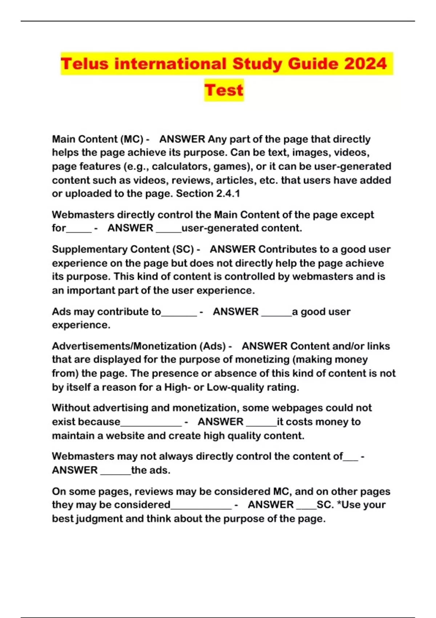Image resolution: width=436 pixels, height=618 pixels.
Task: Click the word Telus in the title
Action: click(x=85, y=64)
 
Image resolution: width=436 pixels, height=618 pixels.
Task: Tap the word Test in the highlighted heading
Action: click(x=223, y=90)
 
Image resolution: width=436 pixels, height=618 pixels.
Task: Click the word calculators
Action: click(x=180, y=166)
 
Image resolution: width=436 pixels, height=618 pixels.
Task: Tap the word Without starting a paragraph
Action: click(x=70, y=408)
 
